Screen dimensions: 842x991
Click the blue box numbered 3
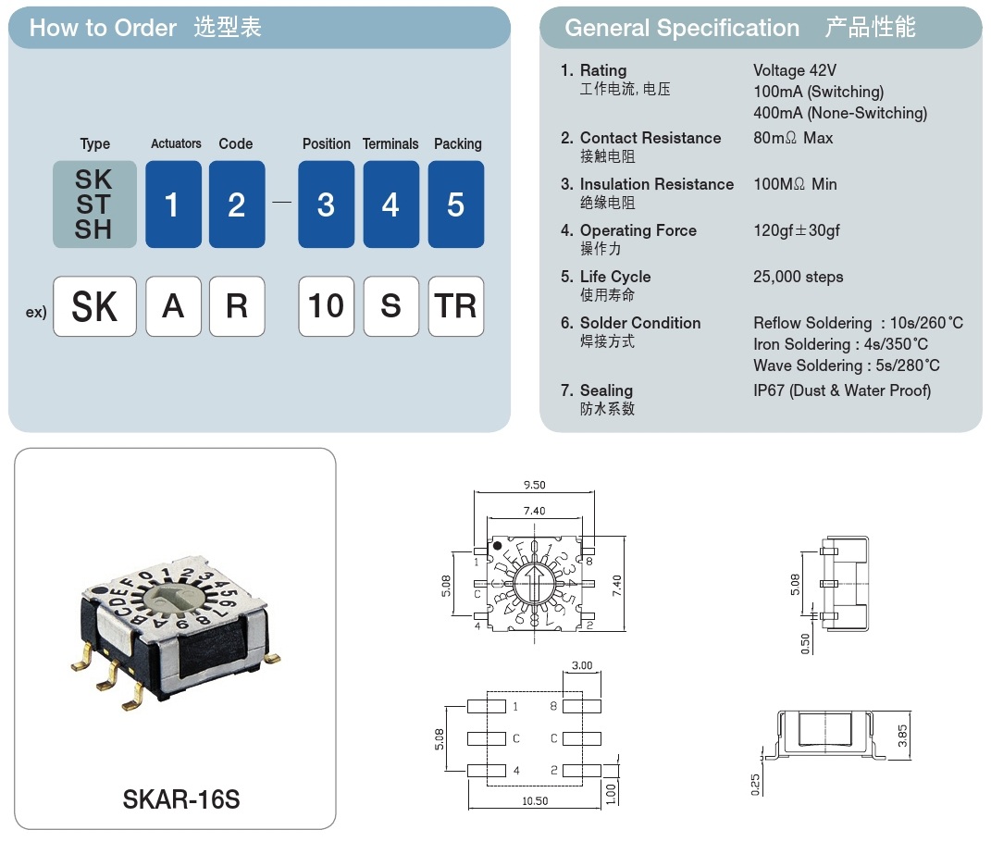click(326, 204)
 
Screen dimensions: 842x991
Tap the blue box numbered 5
click(455, 204)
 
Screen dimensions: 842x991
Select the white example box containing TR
click(455, 306)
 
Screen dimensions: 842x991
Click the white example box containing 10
click(326, 306)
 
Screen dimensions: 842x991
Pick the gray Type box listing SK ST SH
click(94, 204)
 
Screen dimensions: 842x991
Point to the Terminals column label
click(390, 144)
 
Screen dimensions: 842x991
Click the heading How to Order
click(103, 28)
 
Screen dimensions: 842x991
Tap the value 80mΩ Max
click(793, 138)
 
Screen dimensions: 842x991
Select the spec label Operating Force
click(638, 230)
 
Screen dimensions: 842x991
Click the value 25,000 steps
click(799, 277)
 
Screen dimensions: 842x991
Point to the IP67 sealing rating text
click(842, 390)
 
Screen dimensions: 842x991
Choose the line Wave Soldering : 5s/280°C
click(847, 365)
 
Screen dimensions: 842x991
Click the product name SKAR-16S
click(180, 799)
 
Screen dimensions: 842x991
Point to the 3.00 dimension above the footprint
click(582, 665)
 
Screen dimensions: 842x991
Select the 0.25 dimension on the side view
click(756, 784)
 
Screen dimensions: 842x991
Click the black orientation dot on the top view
click(497, 548)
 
